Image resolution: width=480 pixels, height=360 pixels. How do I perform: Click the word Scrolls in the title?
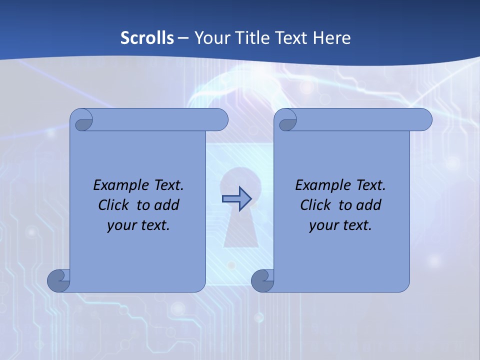[x=147, y=38]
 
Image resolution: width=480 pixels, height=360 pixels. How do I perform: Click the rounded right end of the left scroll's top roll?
[x=220, y=119]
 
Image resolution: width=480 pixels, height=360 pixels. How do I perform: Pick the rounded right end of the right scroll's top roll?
[x=424, y=119]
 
